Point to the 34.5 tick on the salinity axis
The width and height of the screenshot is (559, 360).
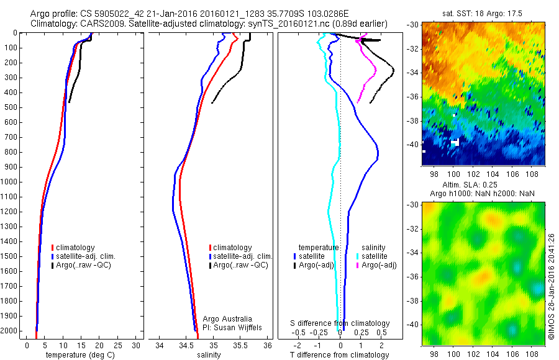click(186, 345)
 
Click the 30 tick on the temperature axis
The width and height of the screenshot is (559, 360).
click(136, 345)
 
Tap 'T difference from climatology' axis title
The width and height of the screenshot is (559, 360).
click(340, 355)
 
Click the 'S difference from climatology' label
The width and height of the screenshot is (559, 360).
click(340, 323)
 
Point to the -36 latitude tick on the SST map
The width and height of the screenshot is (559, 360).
click(412, 96)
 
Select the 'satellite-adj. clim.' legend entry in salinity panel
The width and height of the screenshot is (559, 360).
click(242, 256)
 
